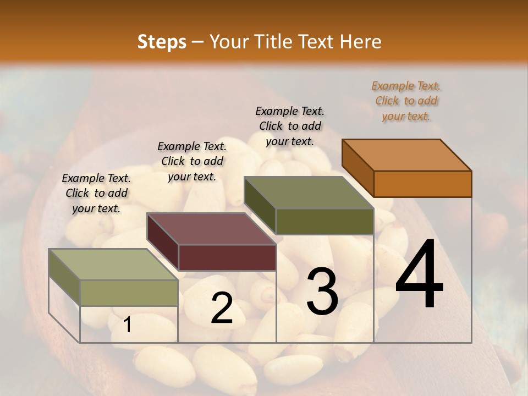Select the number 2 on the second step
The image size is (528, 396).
coord(222,308)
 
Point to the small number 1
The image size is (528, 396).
coord(127,325)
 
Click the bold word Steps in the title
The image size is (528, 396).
coord(162,42)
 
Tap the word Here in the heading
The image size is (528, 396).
coord(360,42)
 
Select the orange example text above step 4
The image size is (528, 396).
coord(406,101)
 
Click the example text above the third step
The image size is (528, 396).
coord(290,127)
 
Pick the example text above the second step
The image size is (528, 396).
coord(192,162)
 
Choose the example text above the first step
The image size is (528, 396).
coord(96,194)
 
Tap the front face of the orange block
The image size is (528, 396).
coord(422,184)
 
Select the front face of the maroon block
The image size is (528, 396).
coord(227,257)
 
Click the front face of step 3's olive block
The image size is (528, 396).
coord(324,221)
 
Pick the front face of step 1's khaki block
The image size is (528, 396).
coord(129,293)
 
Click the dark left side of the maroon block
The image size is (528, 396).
coord(163,242)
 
